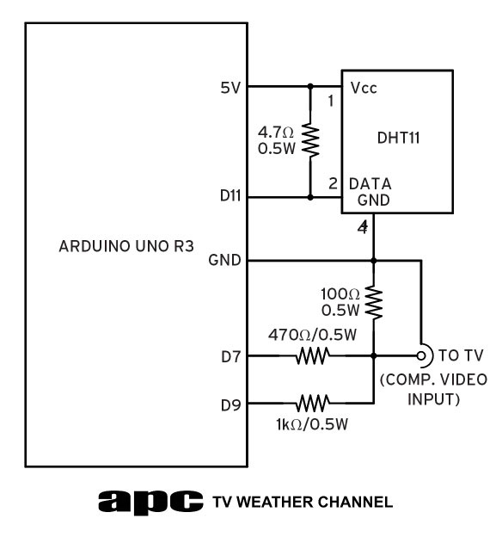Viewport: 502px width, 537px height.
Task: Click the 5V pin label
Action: tap(230, 88)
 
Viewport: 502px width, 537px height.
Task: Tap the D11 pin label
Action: tap(230, 195)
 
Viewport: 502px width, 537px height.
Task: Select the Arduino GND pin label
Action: tap(224, 260)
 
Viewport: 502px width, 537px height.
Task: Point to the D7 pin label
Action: tap(231, 357)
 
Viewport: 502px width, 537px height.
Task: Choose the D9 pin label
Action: tap(231, 405)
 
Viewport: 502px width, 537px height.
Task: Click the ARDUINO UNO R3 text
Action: tap(126, 246)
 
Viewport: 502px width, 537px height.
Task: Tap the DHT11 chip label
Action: tap(398, 138)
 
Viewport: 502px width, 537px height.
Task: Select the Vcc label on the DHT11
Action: tap(364, 88)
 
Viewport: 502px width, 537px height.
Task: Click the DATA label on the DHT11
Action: tap(370, 184)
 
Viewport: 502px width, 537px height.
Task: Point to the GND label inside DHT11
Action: tap(374, 200)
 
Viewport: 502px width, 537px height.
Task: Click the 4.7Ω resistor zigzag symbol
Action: tap(310, 140)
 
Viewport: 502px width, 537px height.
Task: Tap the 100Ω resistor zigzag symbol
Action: tap(374, 304)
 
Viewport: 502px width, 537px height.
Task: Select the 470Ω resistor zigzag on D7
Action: tap(313, 355)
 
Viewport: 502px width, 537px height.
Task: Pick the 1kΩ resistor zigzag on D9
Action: tap(313, 403)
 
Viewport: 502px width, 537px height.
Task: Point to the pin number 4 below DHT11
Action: tap(363, 227)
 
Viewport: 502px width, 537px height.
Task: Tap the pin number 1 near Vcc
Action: tap(331, 101)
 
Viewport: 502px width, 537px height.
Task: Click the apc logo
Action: tap(150, 503)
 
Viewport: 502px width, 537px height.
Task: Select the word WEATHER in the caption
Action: tap(273, 502)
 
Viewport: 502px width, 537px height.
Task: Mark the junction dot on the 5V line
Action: tap(310, 86)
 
